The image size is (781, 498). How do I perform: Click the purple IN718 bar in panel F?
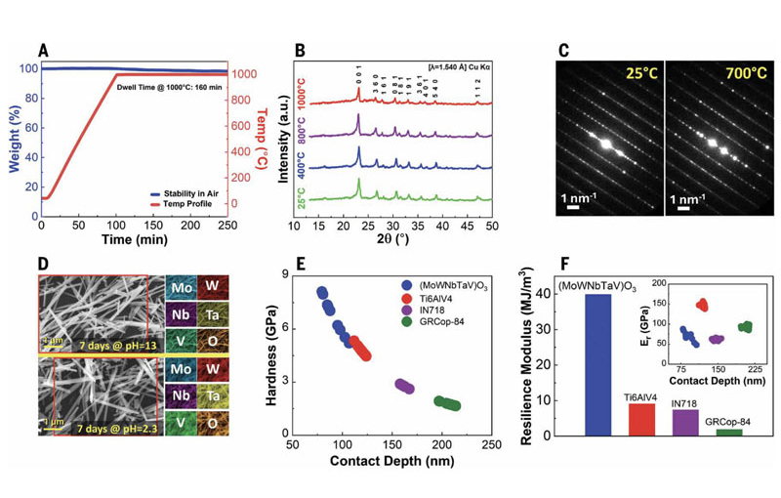(685, 421)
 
